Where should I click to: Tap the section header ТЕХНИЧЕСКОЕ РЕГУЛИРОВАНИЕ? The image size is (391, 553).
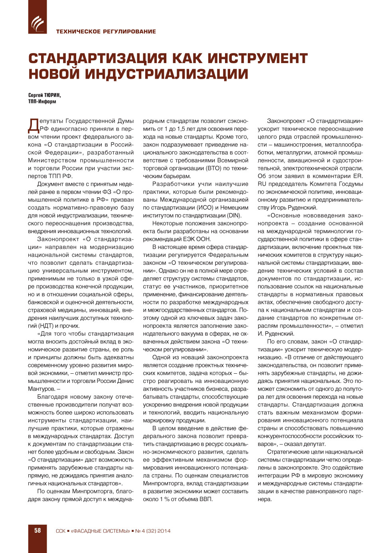tap(106, 32)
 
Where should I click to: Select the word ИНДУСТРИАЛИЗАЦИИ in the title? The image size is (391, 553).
tap(166, 74)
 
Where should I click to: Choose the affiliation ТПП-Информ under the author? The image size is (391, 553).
tap(42, 102)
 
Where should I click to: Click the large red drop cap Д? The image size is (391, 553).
tap(34, 125)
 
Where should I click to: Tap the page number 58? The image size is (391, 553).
tap(38, 531)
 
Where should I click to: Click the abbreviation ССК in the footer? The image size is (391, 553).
tap(60, 531)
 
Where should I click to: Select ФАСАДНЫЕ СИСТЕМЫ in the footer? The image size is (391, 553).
tap(100, 531)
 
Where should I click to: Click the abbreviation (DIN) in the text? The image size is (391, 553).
tap(234, 216)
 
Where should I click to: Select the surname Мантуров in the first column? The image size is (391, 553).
tap(41, 389)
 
